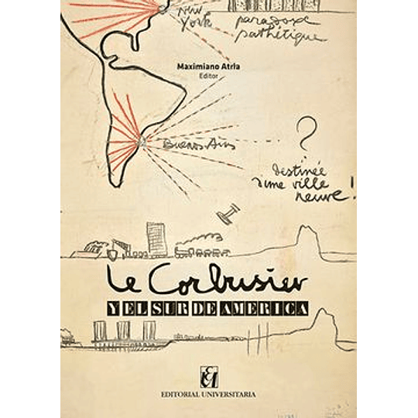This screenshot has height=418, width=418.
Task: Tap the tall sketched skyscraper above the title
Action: [156, 238]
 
